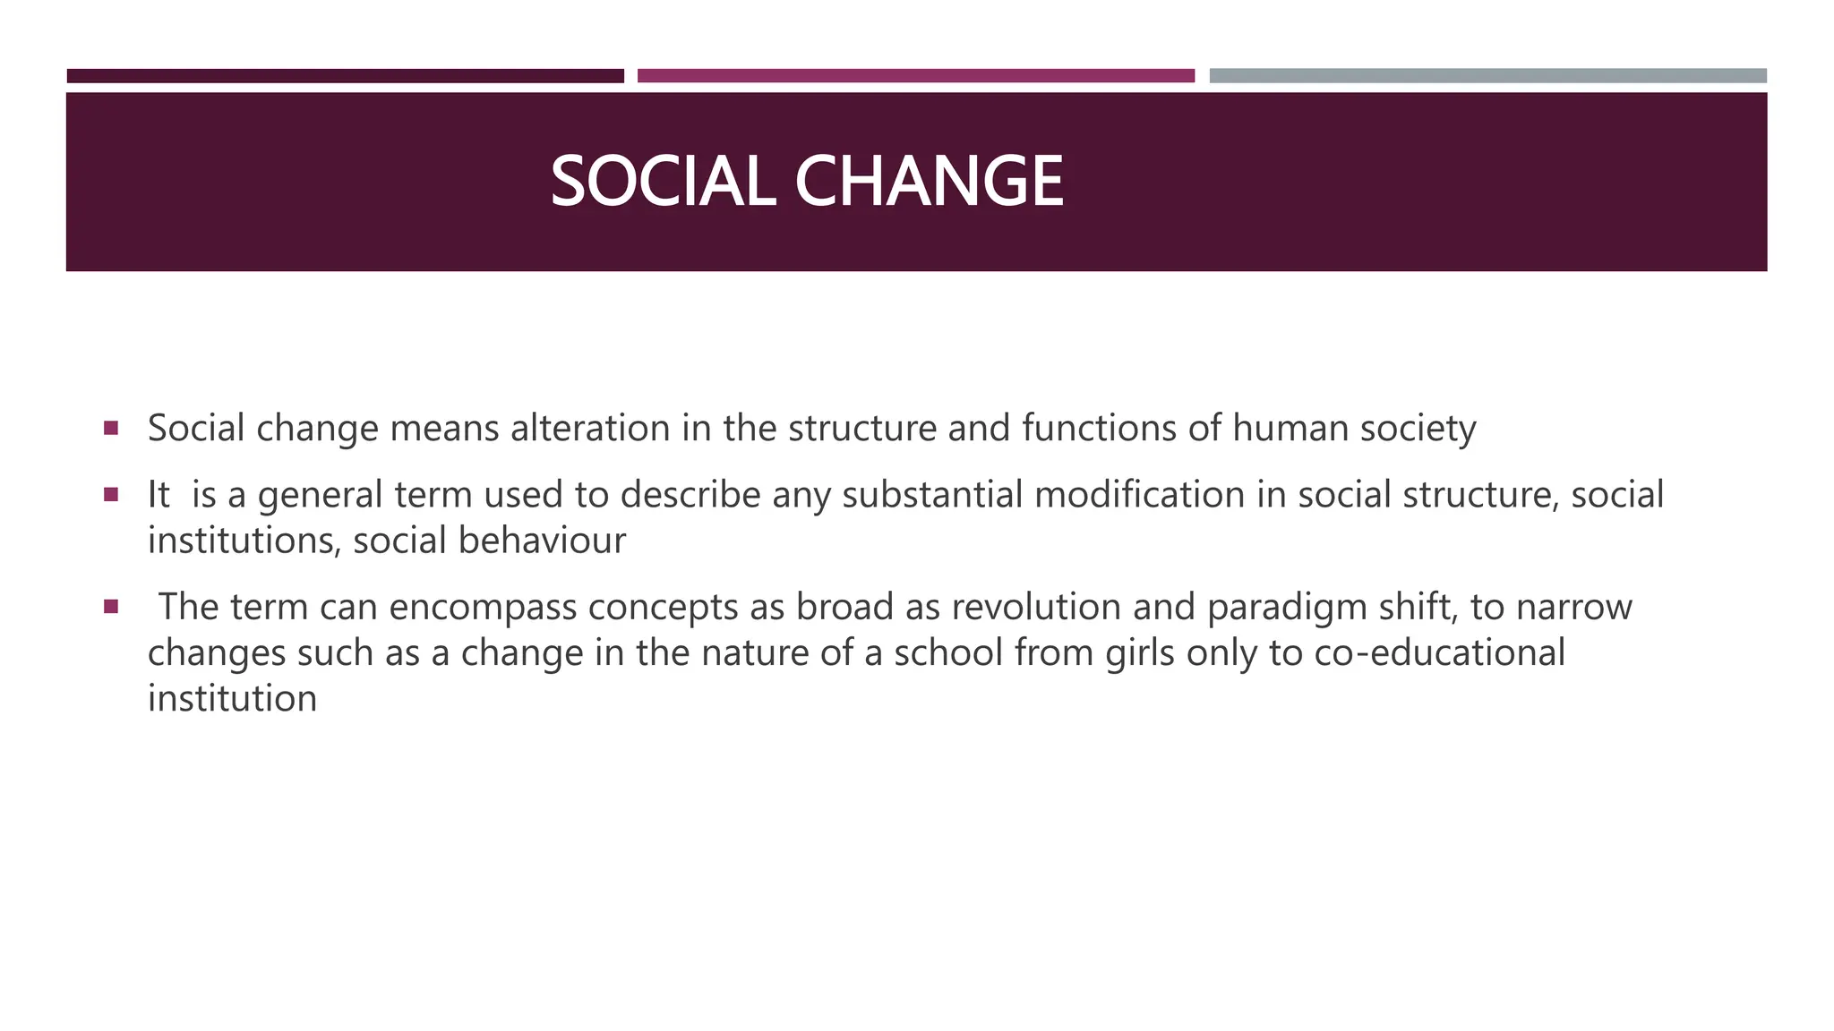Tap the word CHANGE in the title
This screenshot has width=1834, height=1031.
click(929, 182)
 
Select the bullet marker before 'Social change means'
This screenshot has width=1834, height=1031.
click(111, 428)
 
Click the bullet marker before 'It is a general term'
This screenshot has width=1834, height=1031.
click(111, 494)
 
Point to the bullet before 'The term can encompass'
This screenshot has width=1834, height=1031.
click(111, 607)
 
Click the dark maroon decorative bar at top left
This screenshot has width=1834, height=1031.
click(345, 76)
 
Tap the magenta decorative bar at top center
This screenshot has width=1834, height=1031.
click(915, 76)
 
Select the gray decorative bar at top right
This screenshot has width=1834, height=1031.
click(1487, 76)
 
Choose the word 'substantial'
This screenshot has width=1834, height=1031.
click(932, 494)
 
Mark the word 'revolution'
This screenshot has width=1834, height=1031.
click(1035, 607)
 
